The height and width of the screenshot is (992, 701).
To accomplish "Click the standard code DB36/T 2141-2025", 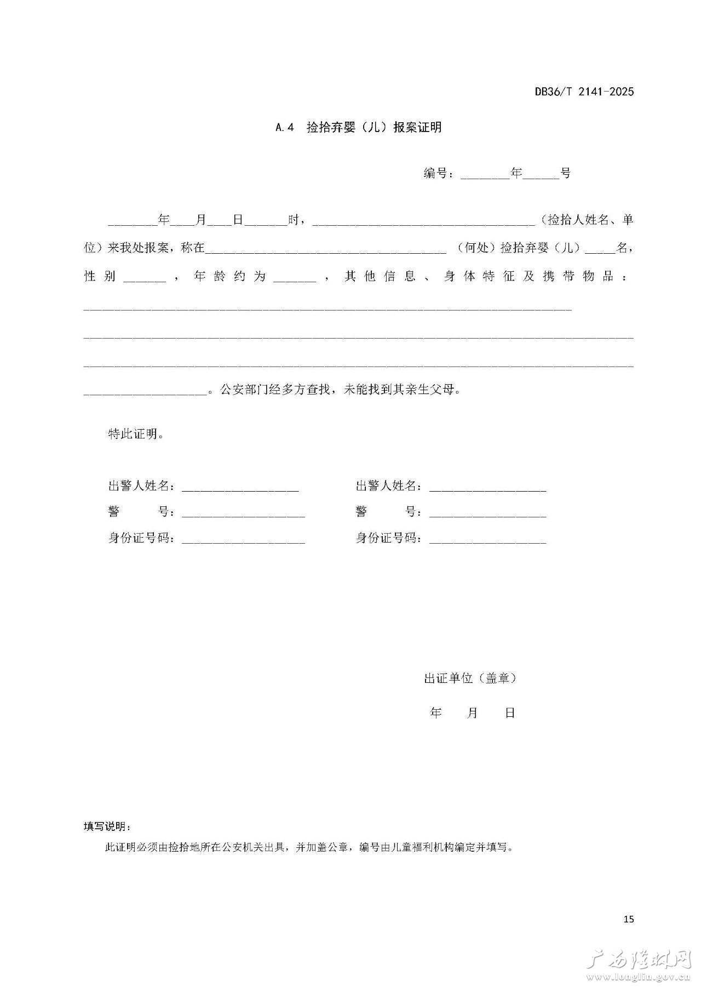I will pos(584,92).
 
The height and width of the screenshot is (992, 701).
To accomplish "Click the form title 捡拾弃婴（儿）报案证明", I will pos(374,128).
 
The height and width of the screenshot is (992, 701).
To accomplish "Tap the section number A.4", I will pos(285,128).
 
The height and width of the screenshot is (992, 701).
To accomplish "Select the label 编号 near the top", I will pos(436,173).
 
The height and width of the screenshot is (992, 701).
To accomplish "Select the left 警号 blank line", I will pos(243,515).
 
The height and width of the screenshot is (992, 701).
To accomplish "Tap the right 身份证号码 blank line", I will pos(487,541).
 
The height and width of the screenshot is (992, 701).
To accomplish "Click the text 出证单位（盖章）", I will pos(470,678).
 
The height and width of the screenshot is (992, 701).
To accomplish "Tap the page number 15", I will pos(628,919).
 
